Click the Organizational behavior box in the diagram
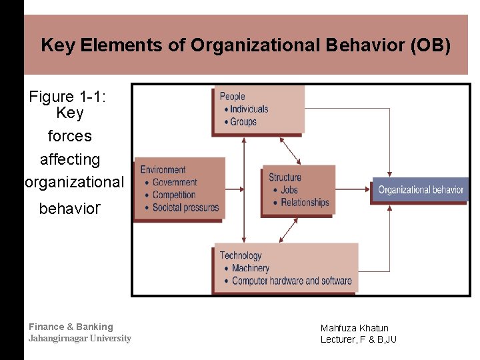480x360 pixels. pos(421,190)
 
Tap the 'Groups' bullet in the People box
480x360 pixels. pos(243,121)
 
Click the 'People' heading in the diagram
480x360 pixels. pos(233,97)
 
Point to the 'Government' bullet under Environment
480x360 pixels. pos(175,182)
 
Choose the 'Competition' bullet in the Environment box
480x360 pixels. pos(174,195)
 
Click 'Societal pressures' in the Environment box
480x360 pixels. pos(185,207)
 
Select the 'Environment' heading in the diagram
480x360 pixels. pos(163,169)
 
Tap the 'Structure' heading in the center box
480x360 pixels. pos(285,177)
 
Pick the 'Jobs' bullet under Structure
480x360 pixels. pos(289,190)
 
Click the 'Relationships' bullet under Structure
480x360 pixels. pos(305,202)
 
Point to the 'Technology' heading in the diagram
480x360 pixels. pos(241,255)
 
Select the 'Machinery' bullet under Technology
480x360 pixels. pos(250,268)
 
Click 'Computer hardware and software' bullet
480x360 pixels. pos(291,281)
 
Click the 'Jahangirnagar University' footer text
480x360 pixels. pos(80,338)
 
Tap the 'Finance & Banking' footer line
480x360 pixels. pos(71,327)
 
